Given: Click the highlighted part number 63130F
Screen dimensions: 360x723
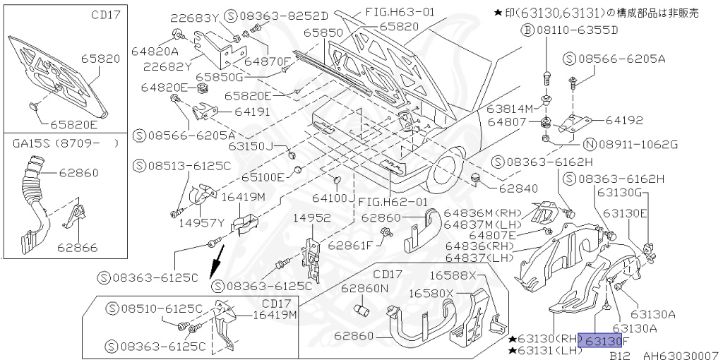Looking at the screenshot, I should click(602, 341).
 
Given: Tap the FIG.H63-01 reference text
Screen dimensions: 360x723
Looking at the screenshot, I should click(401, 12).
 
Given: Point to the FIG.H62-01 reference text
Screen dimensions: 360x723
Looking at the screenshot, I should click(394, 202).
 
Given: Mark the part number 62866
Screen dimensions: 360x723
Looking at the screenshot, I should click(78, 248).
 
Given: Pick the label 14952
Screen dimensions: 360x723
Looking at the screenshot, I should click(311, 217).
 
